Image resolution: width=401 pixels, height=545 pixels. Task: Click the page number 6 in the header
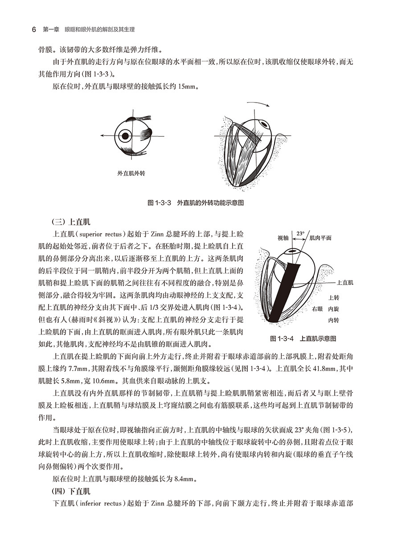click(x=34, y=30)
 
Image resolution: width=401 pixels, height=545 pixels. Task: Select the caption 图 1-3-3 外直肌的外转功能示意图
click(x=196, y=202)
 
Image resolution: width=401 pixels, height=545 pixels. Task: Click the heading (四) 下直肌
click(x=72, y=491)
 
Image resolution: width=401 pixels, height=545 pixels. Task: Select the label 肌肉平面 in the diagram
click(x=320, y=238)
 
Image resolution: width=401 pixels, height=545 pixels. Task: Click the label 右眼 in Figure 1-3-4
click(x=317, y=309)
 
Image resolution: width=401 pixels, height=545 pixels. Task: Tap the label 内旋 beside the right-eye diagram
click(x=334, y=309)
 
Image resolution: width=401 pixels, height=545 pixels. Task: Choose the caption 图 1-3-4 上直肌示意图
click(x=303, y=338)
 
